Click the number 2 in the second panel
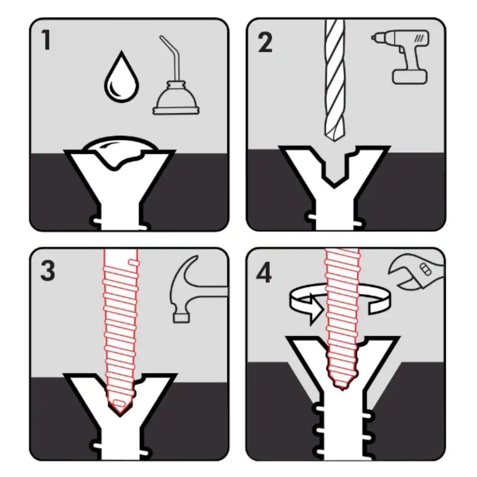265,43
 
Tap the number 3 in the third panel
48,271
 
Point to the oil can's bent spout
172,57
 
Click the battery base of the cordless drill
410,76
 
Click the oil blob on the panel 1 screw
120,151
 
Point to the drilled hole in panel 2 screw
334,171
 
